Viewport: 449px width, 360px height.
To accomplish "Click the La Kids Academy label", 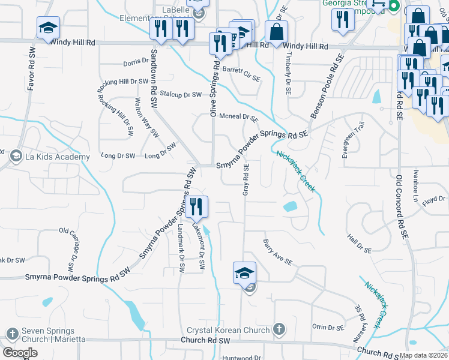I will pyautogui.click(x=57, y=157).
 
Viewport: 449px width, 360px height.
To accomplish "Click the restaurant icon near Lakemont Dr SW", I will pyautogui.click(x=196, y=208).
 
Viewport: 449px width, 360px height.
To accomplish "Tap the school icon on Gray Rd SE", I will pyautogui.click(x=244, y=273).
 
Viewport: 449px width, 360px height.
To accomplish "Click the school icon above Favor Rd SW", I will pyautogui.click(x=48, y=28).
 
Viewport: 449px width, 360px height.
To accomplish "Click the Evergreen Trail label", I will pyautogui.click(x=353, y=140).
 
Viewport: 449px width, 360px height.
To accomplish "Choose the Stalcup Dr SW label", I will pyautogui.click(x=181, y=94).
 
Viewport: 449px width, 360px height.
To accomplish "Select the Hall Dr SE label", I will pyautogui.click(x=360, y=245).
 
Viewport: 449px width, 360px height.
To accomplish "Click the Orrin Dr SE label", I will pyautogui.click(x=328, y=327).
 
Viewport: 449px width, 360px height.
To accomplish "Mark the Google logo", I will pyautogui.click(x=20, y=353).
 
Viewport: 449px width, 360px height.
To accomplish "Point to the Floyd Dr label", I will pyautogui.click(x=433, y=200).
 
